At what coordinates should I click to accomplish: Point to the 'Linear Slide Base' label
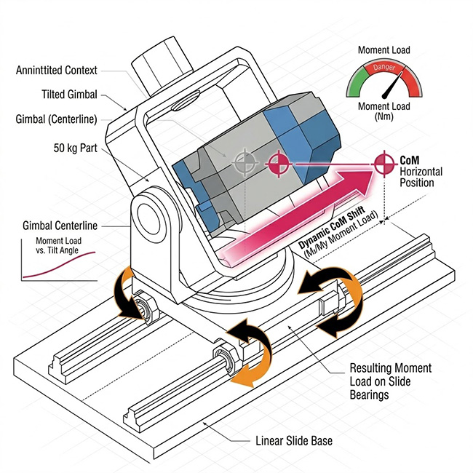tap(295, 441)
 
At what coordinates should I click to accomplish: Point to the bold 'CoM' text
tap(411, 158)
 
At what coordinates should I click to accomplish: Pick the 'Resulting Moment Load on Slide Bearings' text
tap(390, 380)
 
